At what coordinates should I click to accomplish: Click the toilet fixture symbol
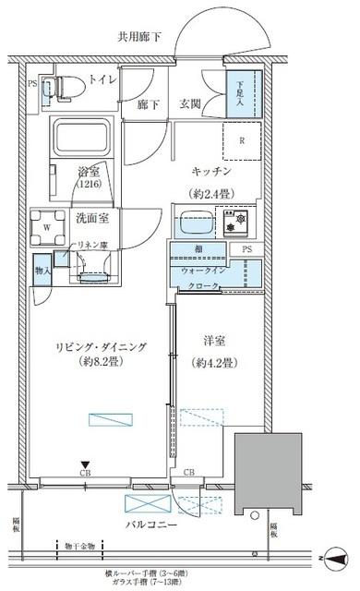[65, 87]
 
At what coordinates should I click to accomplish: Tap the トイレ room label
[102, 81]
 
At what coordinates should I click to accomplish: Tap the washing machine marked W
[46, 224]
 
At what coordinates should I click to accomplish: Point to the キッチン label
[215, 173]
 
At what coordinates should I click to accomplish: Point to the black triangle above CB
[84, 464]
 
